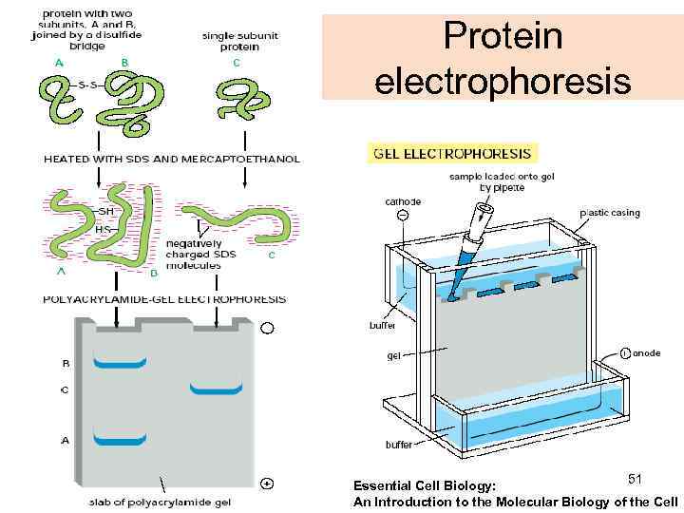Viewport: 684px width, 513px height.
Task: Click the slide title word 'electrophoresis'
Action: (503, 81)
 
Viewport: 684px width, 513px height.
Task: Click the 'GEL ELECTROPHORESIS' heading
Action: (454, 152)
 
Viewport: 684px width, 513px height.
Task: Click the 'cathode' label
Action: (403, 201)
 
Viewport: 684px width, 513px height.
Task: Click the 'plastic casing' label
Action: (610, 213)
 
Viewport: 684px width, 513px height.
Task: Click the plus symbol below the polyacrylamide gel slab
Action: (268, 484)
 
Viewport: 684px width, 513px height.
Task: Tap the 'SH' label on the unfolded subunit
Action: (105, 212)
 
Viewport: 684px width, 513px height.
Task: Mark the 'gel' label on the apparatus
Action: (393, 357)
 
